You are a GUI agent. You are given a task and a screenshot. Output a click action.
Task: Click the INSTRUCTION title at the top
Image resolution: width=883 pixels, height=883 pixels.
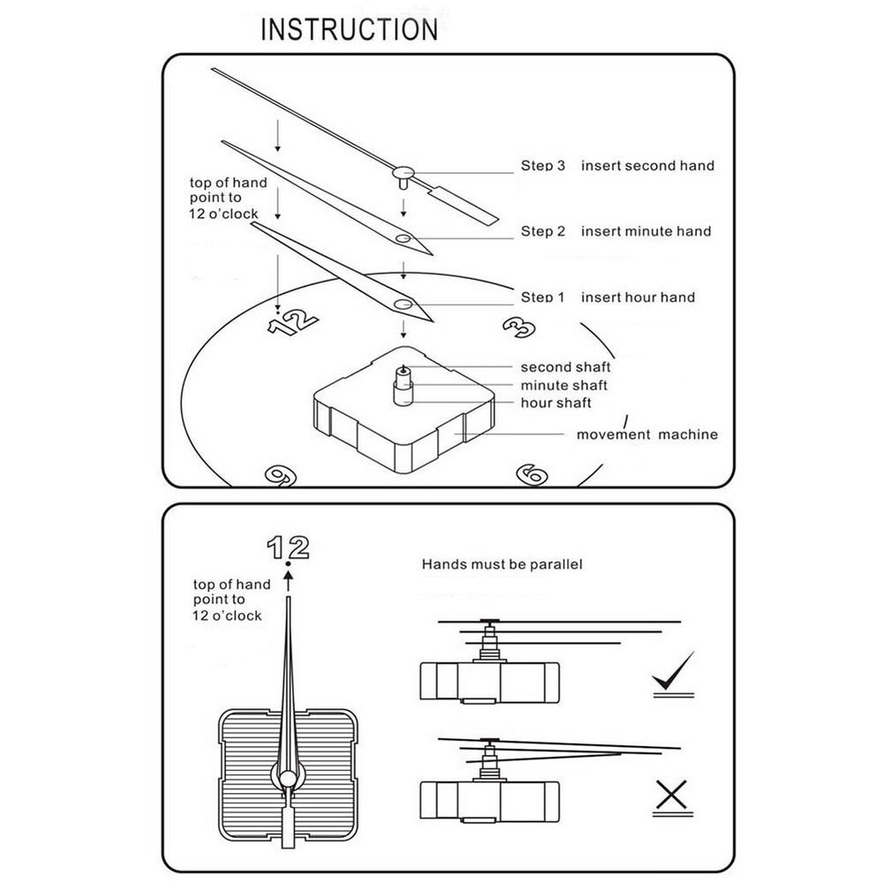tap(349, 29)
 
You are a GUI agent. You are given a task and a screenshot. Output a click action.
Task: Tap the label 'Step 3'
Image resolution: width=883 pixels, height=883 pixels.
tap(542, 165)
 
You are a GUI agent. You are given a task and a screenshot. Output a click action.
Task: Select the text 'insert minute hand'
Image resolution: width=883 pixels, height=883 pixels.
tap(645, 231)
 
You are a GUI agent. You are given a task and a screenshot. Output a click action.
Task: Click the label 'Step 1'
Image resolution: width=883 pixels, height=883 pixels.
tap(542, 298)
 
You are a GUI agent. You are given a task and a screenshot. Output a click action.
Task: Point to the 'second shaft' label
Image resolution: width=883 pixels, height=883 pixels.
tap(565, 367)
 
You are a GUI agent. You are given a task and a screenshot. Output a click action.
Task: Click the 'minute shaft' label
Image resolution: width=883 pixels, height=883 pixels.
tap(563, 385)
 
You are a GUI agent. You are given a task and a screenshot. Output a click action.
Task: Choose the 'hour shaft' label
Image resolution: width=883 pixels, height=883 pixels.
tap(555, 403)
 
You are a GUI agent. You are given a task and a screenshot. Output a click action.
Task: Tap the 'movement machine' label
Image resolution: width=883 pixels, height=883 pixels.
tap(646, 434)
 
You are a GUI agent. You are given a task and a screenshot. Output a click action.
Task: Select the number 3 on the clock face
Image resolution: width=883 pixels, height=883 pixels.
tap(519, 328)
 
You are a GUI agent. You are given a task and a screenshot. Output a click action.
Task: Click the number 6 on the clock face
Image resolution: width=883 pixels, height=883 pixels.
tap(532, 475)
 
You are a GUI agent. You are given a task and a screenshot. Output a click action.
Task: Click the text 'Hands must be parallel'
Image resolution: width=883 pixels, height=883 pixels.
tap(501, 564)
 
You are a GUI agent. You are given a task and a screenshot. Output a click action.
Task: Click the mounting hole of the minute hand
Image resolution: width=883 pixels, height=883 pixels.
tap(403, 238)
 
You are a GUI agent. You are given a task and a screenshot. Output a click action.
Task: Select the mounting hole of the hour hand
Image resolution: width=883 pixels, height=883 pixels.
tap(404, 305)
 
